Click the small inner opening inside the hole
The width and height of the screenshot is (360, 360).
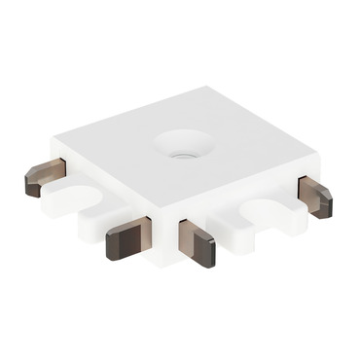point(182,151)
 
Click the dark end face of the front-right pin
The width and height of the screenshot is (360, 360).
point(206,255)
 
